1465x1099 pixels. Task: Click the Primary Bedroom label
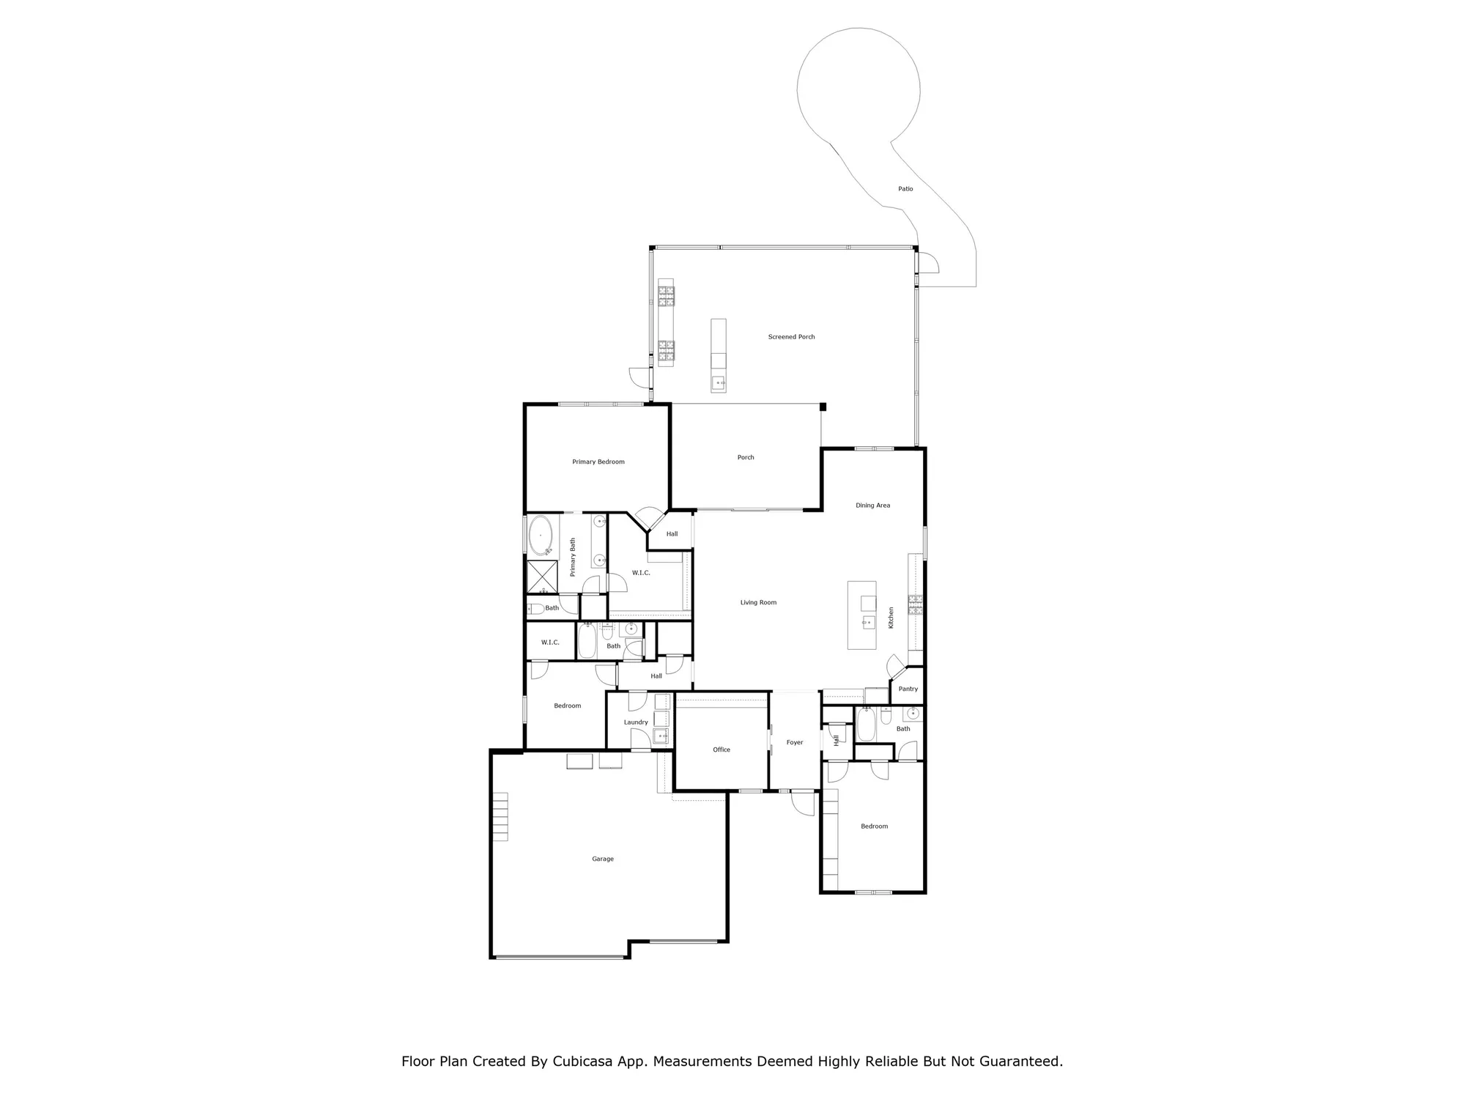(598, 462)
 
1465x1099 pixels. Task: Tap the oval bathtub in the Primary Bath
(541, 535)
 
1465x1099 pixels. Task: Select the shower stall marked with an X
(542, 577)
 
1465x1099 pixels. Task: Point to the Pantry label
(908, 689)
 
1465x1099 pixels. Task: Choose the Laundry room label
(636, 722)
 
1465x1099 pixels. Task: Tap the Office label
(722, 750)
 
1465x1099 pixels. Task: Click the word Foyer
(795, 742)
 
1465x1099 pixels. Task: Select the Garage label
(603, 859)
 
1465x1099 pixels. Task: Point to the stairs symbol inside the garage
(500, 816)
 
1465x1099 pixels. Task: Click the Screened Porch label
(791, 337)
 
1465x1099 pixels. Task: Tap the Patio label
(905, 189)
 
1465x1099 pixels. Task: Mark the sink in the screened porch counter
(719, 382)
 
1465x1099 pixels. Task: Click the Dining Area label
(872, 506)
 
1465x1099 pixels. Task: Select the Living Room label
(758, 602)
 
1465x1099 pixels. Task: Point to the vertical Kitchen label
(891, 618)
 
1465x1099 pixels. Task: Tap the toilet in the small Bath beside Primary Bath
(535, 608)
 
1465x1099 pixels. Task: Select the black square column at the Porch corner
(823, 407)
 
